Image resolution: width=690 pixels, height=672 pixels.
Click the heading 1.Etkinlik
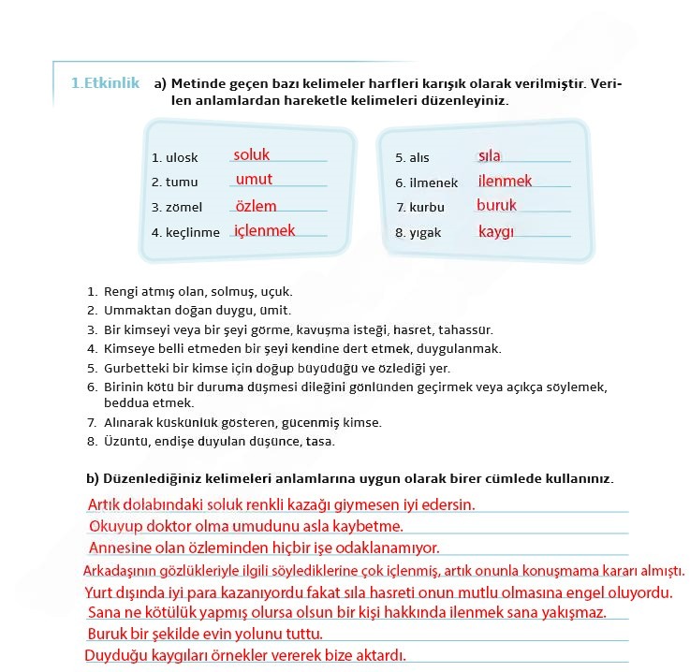105,83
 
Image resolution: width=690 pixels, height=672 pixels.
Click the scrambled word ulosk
182,158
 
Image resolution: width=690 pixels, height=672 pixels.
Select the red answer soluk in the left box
252,154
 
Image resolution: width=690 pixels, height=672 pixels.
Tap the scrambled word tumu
182,183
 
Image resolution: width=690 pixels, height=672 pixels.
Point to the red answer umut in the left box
254,179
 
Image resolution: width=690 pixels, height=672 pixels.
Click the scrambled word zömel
184,208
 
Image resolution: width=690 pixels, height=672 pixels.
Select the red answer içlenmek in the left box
264,230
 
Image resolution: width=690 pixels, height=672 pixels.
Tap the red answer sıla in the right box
489,155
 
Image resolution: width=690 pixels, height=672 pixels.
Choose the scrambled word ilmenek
433,183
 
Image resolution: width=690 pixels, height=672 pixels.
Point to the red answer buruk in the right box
496,205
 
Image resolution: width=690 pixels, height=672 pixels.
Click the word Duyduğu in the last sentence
113,655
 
